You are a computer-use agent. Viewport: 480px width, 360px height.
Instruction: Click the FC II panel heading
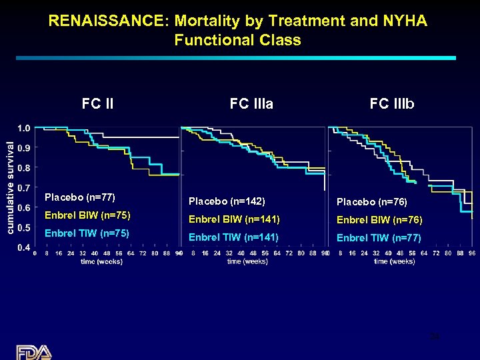pos(97,104)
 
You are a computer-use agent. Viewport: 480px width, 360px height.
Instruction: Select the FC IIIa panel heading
pos(251,104)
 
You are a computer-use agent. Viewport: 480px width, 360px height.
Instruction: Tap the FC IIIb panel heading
pos(392,104)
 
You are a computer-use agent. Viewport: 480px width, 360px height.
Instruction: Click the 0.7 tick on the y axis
pos(23,188)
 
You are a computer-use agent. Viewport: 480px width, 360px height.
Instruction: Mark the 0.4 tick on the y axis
pos(23,248)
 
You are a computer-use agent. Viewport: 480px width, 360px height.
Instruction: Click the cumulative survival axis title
pos(10,187)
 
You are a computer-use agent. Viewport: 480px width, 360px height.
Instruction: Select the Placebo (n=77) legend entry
pos(79,197)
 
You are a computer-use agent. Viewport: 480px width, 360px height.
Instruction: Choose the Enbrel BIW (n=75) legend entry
pos(87,215)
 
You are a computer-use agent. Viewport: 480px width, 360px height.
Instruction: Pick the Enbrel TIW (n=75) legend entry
pos(87,233)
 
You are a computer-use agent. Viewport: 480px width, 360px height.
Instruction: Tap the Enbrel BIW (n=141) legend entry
pos(234,219)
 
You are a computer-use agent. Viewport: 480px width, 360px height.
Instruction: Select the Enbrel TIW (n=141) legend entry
pos(234,237)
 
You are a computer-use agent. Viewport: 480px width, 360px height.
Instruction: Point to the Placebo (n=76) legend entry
pos(372,201)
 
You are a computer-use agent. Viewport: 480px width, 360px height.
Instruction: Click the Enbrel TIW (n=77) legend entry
pos(379,237)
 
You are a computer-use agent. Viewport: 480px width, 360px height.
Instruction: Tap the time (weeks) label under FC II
pos(101,261)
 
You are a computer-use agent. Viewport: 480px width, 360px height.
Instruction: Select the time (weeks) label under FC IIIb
pos(394,261)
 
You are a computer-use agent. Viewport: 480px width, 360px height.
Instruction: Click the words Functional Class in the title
pos(238,40)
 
